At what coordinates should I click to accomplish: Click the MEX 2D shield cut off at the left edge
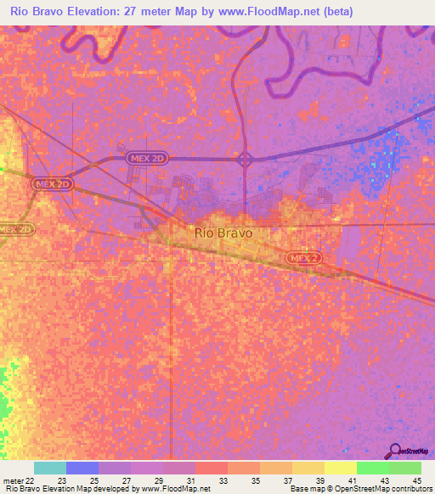(14, 229)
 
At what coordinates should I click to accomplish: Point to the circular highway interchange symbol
(245, 159)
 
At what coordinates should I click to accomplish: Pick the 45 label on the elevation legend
(415, 480)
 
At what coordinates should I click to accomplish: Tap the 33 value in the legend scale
(223, 480)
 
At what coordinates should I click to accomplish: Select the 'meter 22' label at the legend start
(20, 480)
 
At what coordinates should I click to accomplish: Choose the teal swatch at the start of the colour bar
(50, 468)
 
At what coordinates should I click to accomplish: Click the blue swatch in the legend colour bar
(82, 468)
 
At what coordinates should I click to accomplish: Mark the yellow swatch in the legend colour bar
(341, 468)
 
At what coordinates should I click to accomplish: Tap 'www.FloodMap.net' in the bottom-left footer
(178, 490)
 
